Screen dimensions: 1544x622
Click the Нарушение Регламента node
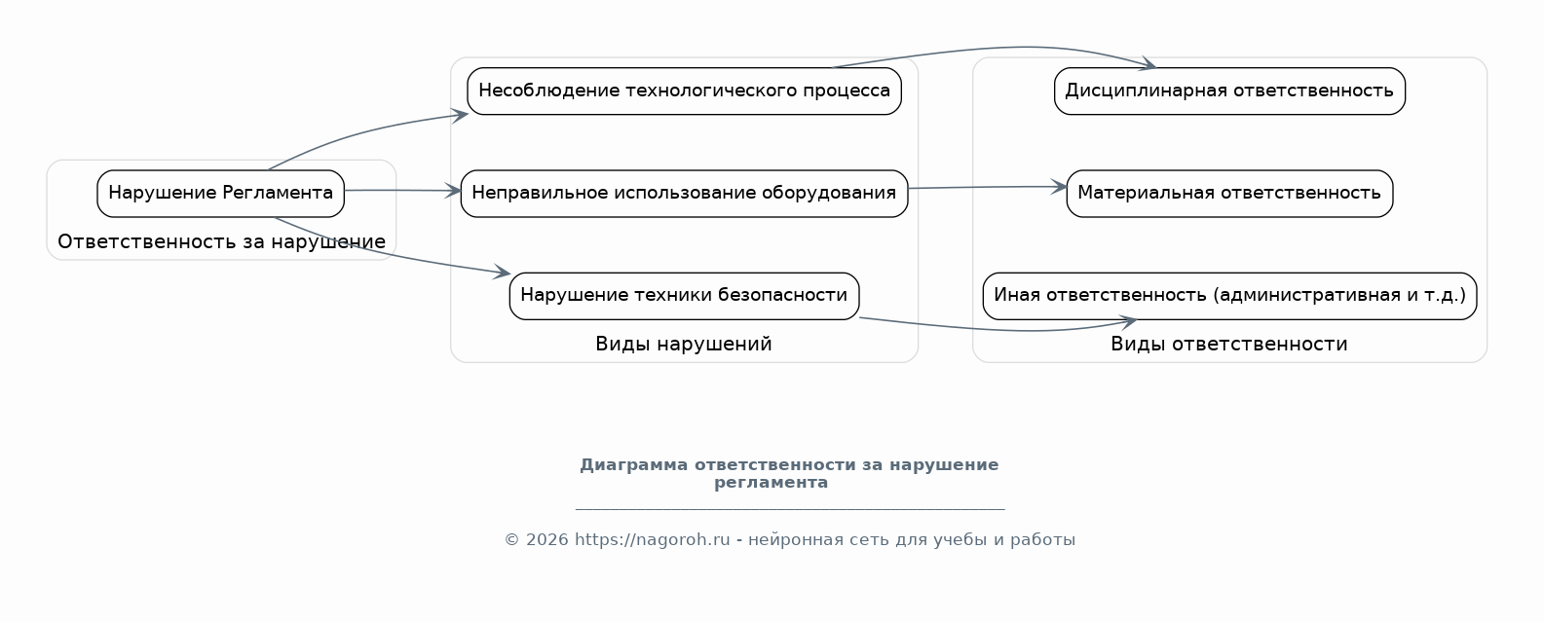tap(220, 194)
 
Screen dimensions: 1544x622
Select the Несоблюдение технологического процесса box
tap(685, 91)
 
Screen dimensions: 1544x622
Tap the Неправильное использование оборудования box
tap(685, 194)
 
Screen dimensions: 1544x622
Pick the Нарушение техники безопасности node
tap(685, 296)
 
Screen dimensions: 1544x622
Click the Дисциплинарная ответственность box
tap(1229, 91)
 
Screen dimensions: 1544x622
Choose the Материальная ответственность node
tap(1229, 194)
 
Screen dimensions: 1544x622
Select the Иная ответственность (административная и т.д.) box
tap(1229, 296)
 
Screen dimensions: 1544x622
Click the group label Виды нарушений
tap(684, 344)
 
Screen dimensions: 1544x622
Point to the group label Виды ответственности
tap(1229, 344)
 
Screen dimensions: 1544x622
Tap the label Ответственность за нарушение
tap(221, 241)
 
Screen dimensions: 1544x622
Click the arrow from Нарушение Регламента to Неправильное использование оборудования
tap(402, 190)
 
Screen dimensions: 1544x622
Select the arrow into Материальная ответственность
tap(988, 187)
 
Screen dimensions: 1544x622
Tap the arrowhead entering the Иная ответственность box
tap(1128, 321)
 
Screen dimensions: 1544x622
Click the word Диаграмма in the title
tap(633, 465)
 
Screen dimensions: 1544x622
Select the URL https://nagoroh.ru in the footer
tap(652, 540)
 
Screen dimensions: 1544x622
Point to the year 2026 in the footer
tap(547, 540)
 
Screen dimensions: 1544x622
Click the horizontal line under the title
tap(790, 509)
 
